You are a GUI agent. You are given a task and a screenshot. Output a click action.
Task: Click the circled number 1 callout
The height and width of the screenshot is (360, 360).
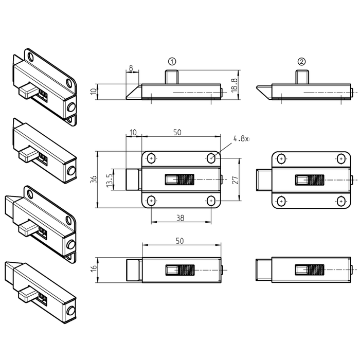point(172,62)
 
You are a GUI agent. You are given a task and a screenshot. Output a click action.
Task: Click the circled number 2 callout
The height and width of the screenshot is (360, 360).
point(302,62)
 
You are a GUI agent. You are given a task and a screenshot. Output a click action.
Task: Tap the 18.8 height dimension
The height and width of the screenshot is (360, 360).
point(235,85)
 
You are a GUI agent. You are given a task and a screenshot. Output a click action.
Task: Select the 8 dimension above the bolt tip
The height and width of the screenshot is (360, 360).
point(131,68)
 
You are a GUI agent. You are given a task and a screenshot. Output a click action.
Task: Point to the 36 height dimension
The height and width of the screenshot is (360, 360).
point(94,179)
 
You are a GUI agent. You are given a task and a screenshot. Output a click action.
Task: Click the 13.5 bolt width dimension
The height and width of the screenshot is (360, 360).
point(110,181)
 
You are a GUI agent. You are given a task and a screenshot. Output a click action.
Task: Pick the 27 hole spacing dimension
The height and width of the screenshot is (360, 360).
point(236,180)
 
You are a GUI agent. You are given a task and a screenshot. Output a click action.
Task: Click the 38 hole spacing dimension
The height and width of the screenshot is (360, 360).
point(181,218)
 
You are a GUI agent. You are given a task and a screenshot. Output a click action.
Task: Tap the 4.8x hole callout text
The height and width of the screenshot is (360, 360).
point(241,139)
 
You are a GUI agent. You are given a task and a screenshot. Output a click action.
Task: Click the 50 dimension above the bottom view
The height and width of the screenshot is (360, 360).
point(180,241)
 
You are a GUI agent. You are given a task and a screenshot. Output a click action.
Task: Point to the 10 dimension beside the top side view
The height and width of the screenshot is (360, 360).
point(94,92)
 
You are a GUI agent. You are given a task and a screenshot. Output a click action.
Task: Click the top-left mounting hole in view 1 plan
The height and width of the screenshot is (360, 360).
point(151,158)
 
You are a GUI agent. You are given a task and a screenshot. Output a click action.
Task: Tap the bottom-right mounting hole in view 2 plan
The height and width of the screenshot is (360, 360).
point(341,202)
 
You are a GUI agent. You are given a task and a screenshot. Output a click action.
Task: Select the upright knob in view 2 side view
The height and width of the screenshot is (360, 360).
point(302,77)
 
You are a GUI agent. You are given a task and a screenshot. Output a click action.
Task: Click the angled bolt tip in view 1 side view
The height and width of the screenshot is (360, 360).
point(134,92)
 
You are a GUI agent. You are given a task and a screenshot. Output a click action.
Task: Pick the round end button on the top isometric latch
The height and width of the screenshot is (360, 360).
point(71,107)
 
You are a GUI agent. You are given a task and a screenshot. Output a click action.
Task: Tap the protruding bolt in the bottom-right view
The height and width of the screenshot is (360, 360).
point(264,270)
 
